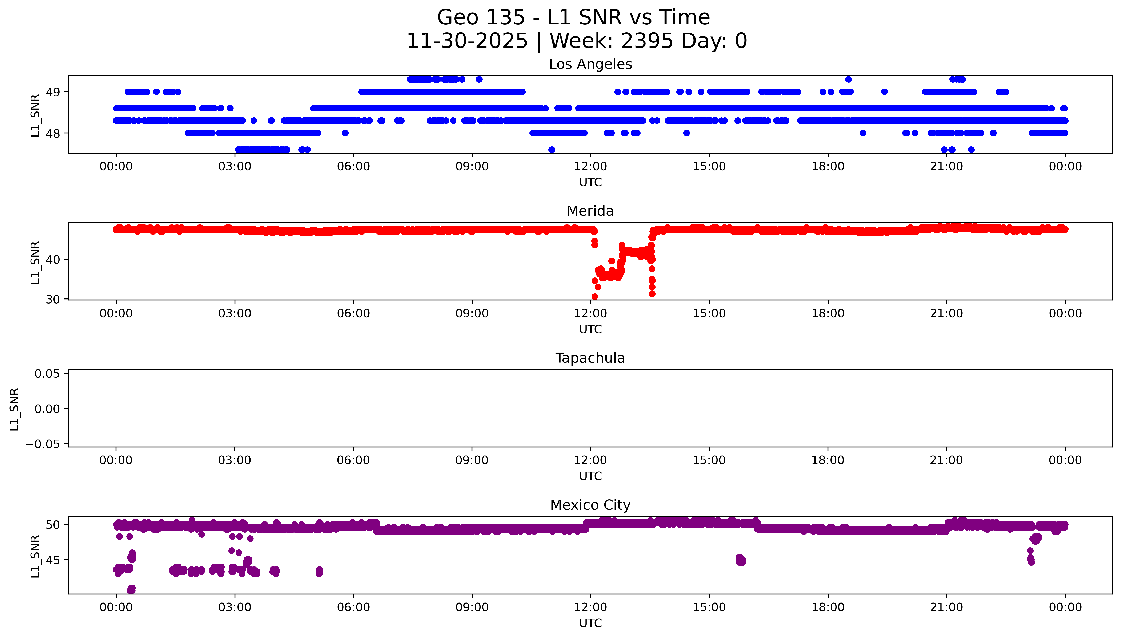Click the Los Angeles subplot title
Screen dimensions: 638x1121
[x=590, y=64]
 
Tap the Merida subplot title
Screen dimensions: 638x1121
[x=590, y=211]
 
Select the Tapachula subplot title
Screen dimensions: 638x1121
[x=590, y=358]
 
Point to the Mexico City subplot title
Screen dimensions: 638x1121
[x=590, y=505]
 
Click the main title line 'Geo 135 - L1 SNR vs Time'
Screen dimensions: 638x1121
[x=573, y=17]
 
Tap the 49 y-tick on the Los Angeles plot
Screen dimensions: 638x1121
[x=53, y=92]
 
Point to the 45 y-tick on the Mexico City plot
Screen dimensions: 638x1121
[x=53, y=560]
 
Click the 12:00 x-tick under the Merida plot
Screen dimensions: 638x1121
[x=590, y=313]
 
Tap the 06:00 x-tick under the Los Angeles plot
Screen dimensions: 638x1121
[x=353, y=167]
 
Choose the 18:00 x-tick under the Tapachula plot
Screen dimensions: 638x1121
[x=828, y=460]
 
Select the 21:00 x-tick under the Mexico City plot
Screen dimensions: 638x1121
[x=946, y=607]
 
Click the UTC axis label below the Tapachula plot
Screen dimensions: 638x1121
[x=590, y=476]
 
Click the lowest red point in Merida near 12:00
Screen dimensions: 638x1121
[x=594, y=297]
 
